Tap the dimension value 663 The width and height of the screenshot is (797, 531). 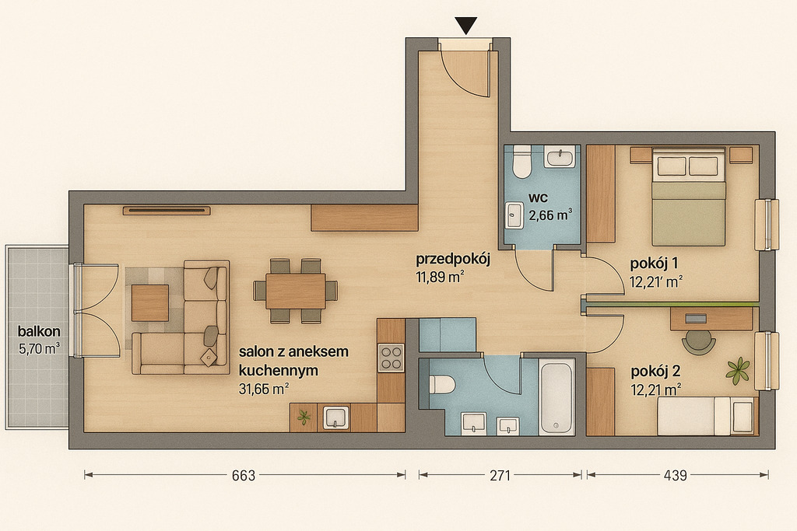click(x=244, y=476)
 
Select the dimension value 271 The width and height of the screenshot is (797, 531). click(x=500, y=476)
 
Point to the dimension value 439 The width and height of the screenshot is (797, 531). click(x=675, y=476)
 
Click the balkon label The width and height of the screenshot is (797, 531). click(x=39, y=331)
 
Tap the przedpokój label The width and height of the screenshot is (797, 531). click(x=452, y=260)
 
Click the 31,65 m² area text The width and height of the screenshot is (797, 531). click(x=264, y=390)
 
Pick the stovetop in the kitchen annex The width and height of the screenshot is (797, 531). click(x=391, y=358)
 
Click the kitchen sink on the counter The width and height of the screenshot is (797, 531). click(x=335, y=417)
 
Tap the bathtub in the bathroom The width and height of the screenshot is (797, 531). click(x=557, y=396)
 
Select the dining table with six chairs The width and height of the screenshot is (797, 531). click(x=295, y=291)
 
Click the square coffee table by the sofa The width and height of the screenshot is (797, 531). click(x=150, y=303)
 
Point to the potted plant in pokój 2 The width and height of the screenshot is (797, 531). click(x=738, y=369)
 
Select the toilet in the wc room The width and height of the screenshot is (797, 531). click(x=521, y=162)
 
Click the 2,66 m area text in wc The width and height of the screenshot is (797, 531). click(x=550, y=215)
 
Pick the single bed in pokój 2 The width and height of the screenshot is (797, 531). click(x=705, y=416)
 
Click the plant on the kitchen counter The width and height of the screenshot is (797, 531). click(x=304, y=417)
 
